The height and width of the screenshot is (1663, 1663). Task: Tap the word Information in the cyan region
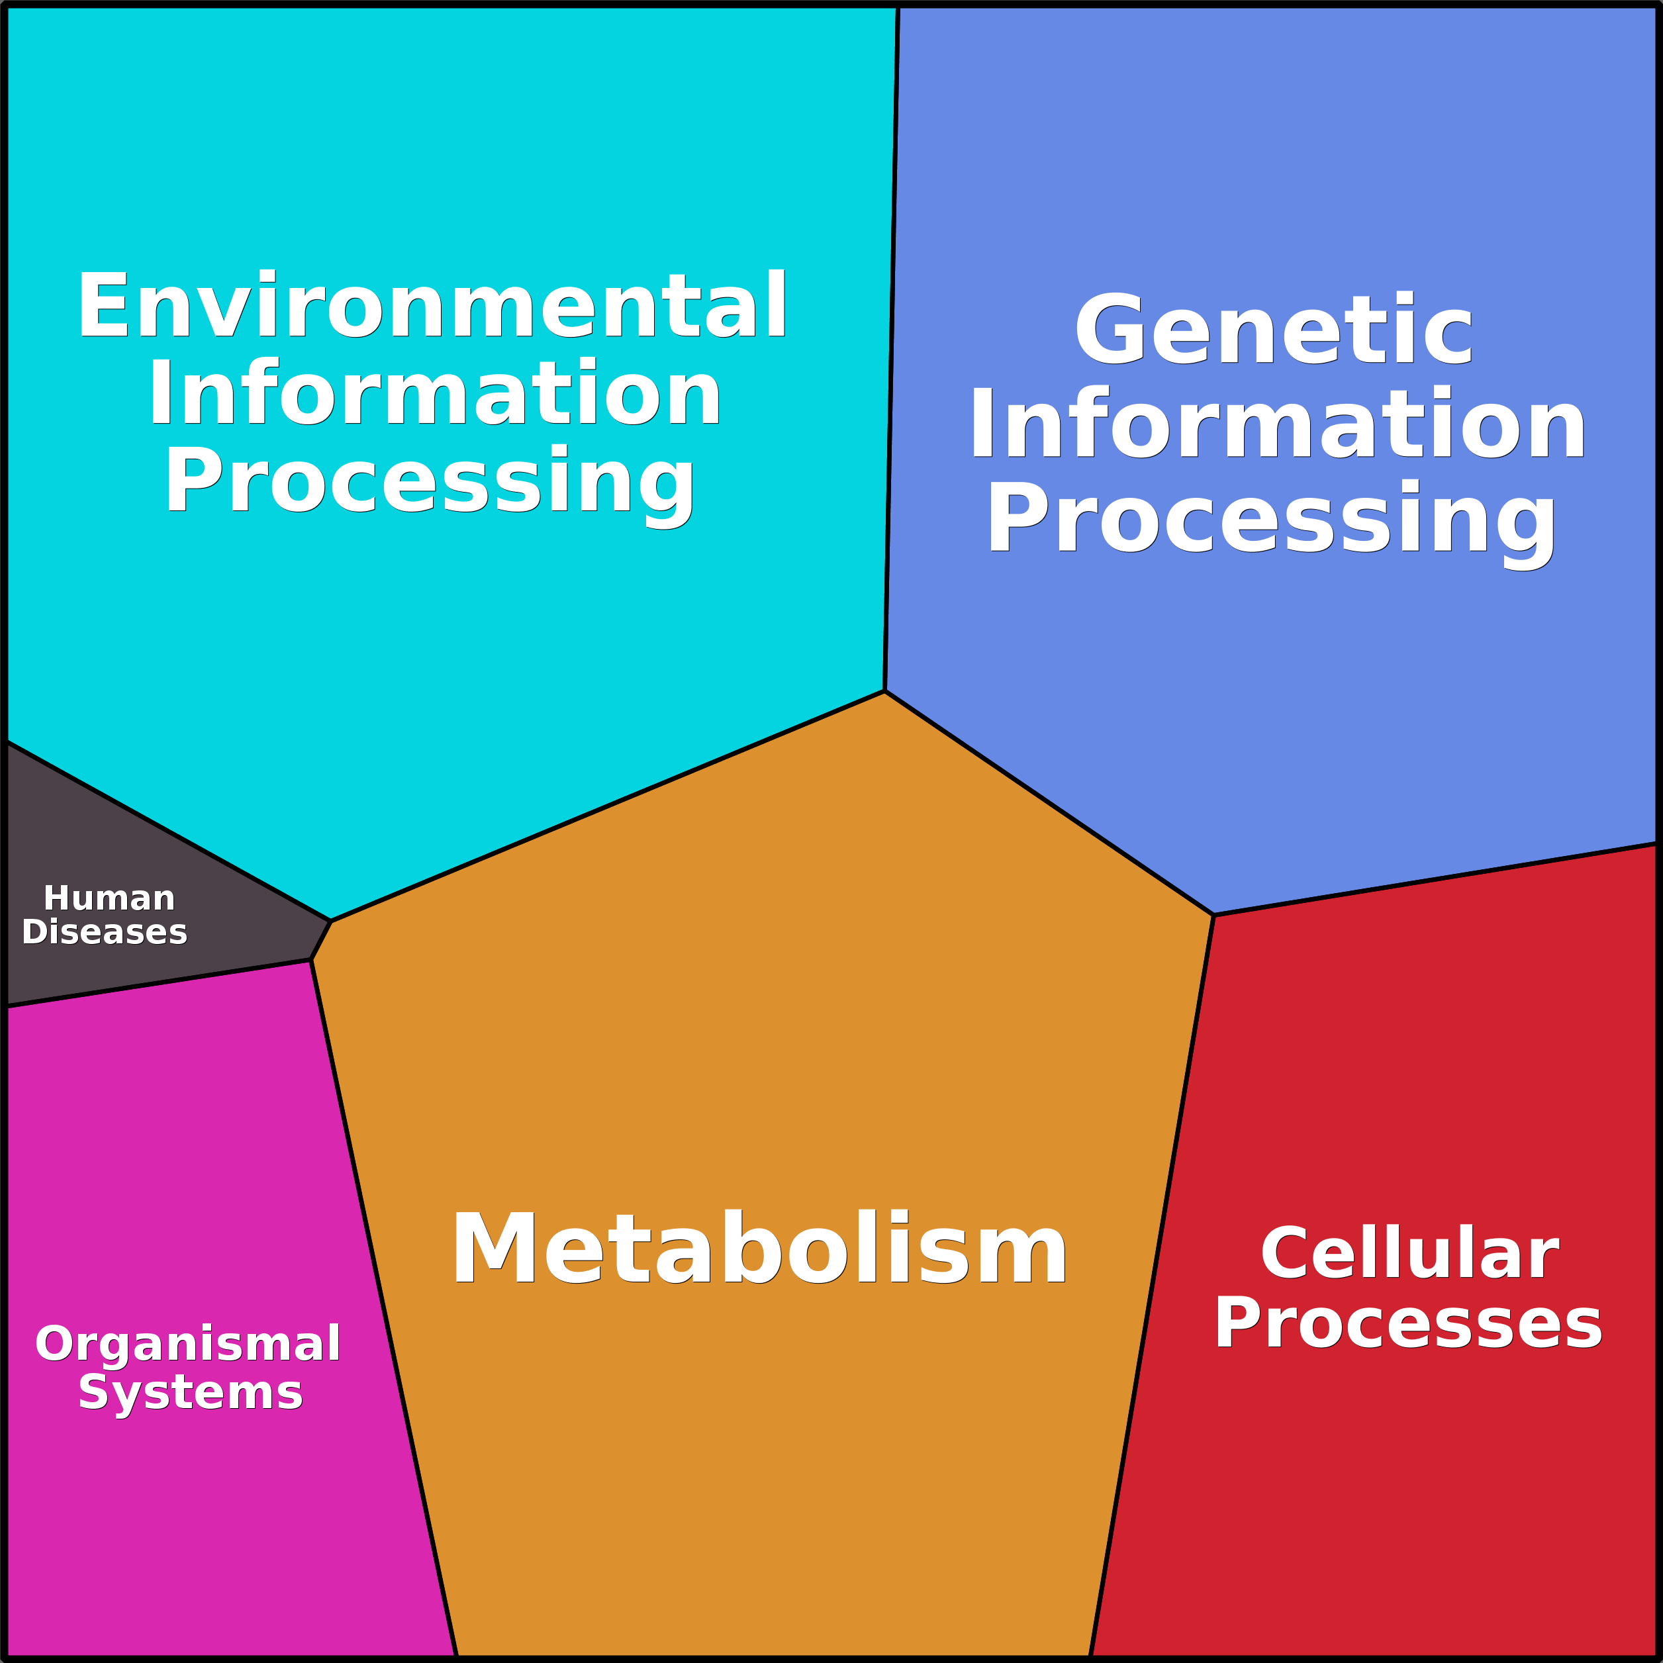435,393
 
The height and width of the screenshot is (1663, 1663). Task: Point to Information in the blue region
1278,424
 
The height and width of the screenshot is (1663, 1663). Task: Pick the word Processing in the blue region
1272,519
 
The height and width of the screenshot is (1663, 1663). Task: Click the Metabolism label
759,1249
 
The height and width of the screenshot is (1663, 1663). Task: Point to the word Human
109,898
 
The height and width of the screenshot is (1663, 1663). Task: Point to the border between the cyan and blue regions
892,344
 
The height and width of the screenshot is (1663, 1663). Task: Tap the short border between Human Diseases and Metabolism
321,940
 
